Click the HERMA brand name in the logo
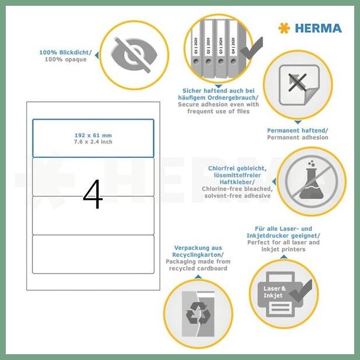[x=318, y=28]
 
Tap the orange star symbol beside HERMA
[x=284, y=28]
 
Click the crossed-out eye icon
[x=134, y=55]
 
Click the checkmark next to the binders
[x=251, y=48]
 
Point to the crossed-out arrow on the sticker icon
[x=297, y=82]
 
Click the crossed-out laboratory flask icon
[x=311, y=181]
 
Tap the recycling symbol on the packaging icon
[x=198, y=314]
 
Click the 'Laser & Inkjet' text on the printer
[x=275, y=292]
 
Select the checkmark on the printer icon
[x=301, y=291]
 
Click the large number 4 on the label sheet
[x=93, y=194]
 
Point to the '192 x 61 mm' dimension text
[x=93, y=135]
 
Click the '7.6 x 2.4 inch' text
[x=93, y=142]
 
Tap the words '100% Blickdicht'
[x=64, y=53]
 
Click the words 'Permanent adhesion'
[x=297, y=138]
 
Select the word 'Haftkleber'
[x=236, y=182]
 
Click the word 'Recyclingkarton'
[x=197, y=255]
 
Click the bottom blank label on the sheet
[x=93, y=254]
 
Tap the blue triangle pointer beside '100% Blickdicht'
[x=97, y=55]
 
